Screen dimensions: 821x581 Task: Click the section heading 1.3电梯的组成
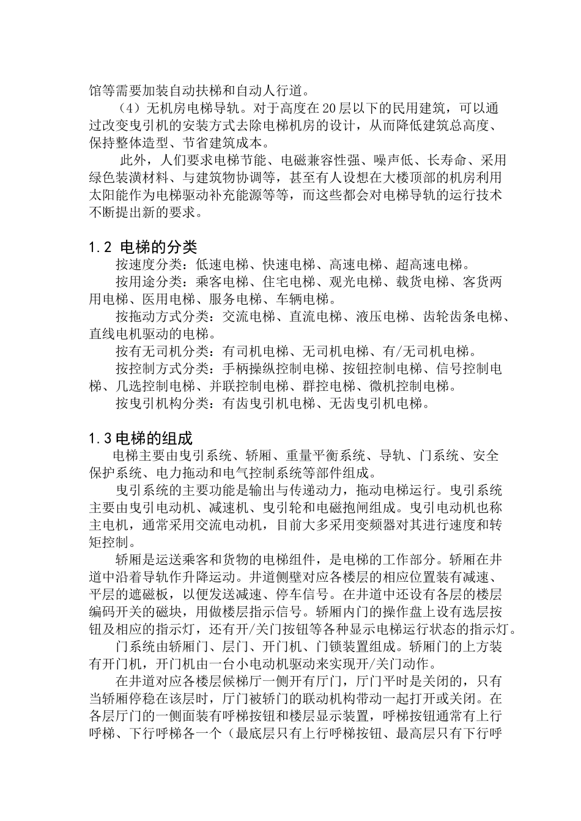coord(140,438)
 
